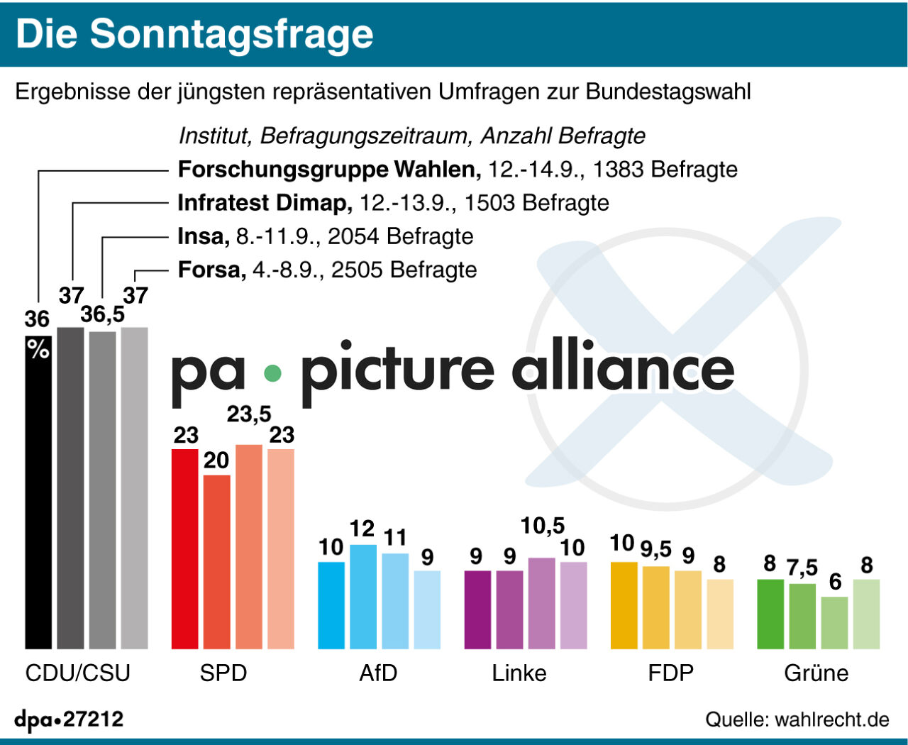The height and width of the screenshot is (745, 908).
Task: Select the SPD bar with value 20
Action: tap(217, 561)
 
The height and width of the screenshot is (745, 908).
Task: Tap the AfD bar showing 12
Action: tap(363, 596)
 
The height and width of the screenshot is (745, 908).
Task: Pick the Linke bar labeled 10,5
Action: tap(542, 603)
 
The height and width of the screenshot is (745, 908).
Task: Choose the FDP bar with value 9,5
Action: tap(656, 607)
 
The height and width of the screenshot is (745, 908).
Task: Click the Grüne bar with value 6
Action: tap(835, 622)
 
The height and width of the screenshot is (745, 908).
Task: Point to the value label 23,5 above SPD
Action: tap(249, 414)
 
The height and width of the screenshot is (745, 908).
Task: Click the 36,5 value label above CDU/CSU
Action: tap(102, 314)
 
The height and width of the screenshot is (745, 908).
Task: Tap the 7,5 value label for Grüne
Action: tap(802, 568)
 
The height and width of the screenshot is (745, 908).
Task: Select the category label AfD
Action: tap(378, 673)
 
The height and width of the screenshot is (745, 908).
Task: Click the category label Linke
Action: tap(519, 673)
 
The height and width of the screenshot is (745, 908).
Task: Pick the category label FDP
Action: tap(670, 673)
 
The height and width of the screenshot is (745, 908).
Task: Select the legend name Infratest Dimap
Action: tap(265, 203)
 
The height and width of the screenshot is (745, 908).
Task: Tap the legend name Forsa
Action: tap(211, 270)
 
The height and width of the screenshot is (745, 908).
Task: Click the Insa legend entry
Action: tap(204, 236)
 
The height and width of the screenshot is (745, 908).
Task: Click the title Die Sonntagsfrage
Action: tap(194, 34)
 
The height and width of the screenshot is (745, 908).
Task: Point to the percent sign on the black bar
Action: tap(38, 348)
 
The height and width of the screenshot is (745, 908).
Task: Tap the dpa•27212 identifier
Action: tap(69, 719)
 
